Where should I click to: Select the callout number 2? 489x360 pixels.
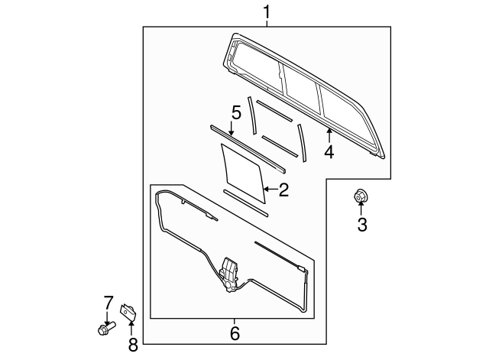click(x=283, y=190)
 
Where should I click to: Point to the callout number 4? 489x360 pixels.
click(x=329, y=151)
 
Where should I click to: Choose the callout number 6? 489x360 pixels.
click(x=235, y=333)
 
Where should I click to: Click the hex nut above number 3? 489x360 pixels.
click(x=360, y=197)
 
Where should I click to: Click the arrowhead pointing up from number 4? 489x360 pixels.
click(x=329, y=131)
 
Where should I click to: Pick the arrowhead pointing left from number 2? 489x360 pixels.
click(x=264, y=188)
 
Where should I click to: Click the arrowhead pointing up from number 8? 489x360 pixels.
click(x=131, y=322)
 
